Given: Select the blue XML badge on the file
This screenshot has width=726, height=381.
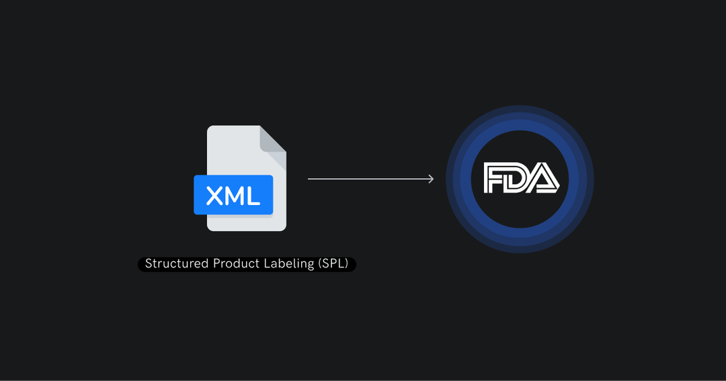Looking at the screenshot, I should click(x=233, y=196).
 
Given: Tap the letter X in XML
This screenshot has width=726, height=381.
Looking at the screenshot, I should click(x=214, y=196).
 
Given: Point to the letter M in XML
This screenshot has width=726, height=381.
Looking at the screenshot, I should click(x=234, y=196).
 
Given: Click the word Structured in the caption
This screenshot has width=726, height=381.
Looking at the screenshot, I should click(x=177, y=264).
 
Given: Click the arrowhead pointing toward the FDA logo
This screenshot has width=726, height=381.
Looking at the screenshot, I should click(x=431, y=179).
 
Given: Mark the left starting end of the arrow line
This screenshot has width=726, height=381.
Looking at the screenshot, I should click(x=309, y=179).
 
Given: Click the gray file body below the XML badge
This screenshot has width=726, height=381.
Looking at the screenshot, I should click(x=246, y=223).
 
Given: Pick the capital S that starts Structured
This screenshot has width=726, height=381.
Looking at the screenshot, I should click(x=149, y=264).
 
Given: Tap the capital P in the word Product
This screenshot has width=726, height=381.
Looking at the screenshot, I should click(x=216, y=264).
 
